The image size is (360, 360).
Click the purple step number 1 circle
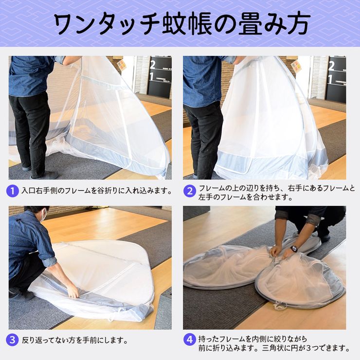point(12,191)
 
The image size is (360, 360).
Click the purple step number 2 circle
point(190,191)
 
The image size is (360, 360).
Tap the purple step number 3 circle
point(12,340)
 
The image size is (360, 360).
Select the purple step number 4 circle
point(190,340)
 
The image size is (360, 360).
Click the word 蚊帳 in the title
point(187,24)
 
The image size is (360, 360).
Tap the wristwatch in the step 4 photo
point(293,249)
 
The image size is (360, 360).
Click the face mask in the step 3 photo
point(44,216)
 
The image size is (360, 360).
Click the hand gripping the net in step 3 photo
point(73,291)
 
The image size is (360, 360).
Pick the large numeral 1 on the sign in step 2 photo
point(330,79)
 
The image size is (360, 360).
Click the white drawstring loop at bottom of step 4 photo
point(280,306)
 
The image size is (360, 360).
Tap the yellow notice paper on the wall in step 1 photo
point(122,65)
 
